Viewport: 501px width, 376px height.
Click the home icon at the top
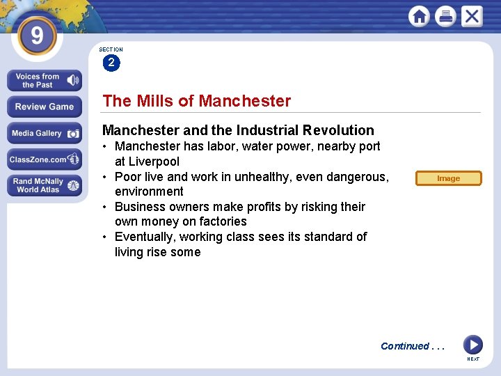(419, 17)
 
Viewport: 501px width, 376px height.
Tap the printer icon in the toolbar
(445, 17)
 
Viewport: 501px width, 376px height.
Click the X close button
(472, 17)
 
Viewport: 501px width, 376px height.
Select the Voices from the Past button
(45, 81)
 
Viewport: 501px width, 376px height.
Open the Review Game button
(45, 107)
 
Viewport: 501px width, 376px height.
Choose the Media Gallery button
(45, 133)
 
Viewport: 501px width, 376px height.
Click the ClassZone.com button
(45, 159)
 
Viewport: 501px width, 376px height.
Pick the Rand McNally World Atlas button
(45, 185)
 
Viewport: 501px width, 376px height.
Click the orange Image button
(448, 178)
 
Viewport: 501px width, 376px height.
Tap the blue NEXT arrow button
(472, 345)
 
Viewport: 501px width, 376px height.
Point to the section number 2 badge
(111, 63)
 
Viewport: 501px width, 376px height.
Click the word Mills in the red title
(154, 101)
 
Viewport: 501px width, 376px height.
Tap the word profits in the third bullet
(255, 207)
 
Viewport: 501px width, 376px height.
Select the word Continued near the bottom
(404, 346)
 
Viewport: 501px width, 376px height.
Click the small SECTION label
(111, 49)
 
